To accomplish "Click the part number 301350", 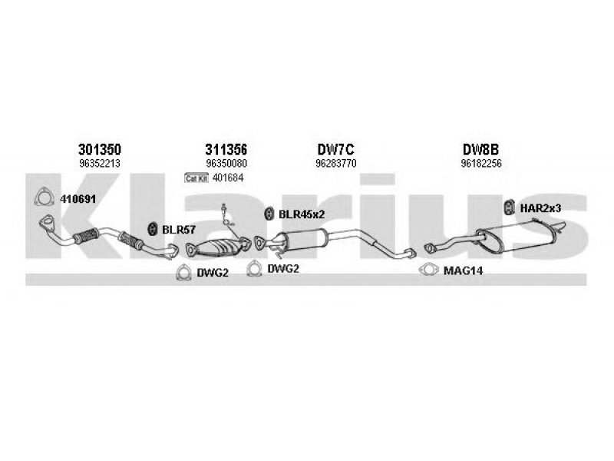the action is tap(100, 149).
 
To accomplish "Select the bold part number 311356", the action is tap(226, 149).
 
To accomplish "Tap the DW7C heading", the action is tap(335, 149).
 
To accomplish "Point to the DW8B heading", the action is tap(480, 149).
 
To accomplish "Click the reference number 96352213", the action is tap(100, 164).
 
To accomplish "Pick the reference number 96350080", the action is tap(226, 164).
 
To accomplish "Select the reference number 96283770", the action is tap(336, 164).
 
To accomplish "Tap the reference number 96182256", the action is tap(481, 164).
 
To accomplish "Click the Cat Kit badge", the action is tap(196, 178).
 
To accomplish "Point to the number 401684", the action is tap(228, 178).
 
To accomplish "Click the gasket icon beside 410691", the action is tap(44, 197).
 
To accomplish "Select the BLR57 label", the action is tap(179, 230).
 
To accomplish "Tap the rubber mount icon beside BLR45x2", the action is tap(269, 214).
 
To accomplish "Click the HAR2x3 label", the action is tap(540, 208).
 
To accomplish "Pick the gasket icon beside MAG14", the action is tap(428, 270).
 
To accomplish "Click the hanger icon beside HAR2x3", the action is tap(509, 207).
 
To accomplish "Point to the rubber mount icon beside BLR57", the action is tap(152, 229).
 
